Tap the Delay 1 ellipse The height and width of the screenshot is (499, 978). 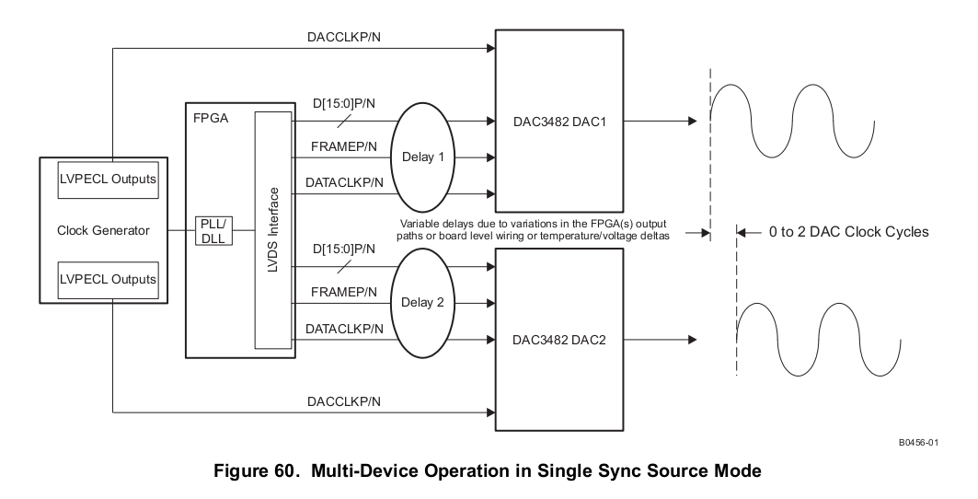pos(422,157)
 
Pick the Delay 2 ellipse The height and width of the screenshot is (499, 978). pos(422,303)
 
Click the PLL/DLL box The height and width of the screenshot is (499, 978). pos(213,231)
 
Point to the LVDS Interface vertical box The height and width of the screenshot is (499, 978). pos(273,230)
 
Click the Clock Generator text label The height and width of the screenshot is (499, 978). pos(103,230)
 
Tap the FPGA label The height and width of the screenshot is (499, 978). pos(210,119)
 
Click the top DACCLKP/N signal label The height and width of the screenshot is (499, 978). pos(343,38)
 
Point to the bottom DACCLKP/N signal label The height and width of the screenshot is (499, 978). pos(343,401)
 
